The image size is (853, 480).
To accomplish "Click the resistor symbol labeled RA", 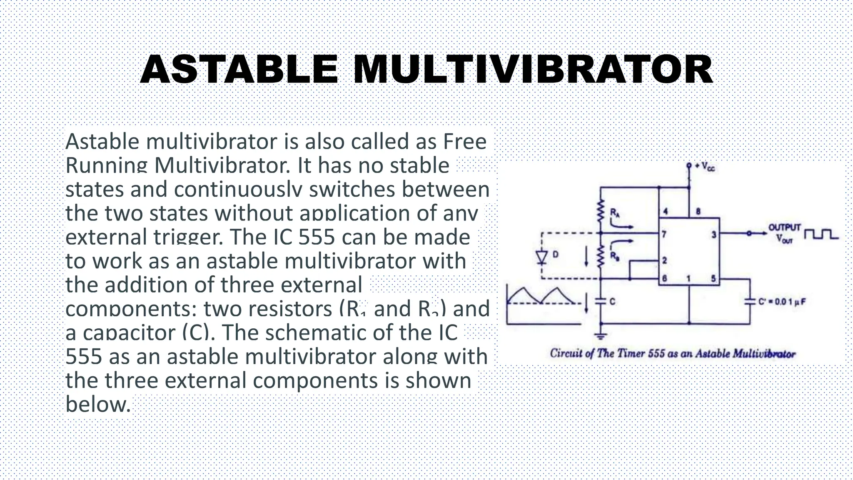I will pos(601,212).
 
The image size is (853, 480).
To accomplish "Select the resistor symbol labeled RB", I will pos(601,257).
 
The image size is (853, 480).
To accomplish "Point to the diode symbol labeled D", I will pos(541,257).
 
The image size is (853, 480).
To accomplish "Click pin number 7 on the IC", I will pos(664,235).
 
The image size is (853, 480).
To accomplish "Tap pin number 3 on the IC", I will pos(713,235).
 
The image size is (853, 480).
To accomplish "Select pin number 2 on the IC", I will pos(665,260).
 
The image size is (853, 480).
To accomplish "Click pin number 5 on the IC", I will pos(713,278).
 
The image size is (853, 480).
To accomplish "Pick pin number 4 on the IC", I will pos(666,212).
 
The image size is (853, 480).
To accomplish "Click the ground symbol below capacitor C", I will pos(601,335).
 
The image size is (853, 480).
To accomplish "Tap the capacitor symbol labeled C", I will pos(601,301).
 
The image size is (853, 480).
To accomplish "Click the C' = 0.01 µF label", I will pos(782,302).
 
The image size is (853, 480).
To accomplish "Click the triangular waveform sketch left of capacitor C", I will pos(541,297).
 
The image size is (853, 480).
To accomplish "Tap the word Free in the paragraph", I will pos(465,142).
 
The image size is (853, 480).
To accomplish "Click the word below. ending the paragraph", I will pos(98,404).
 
